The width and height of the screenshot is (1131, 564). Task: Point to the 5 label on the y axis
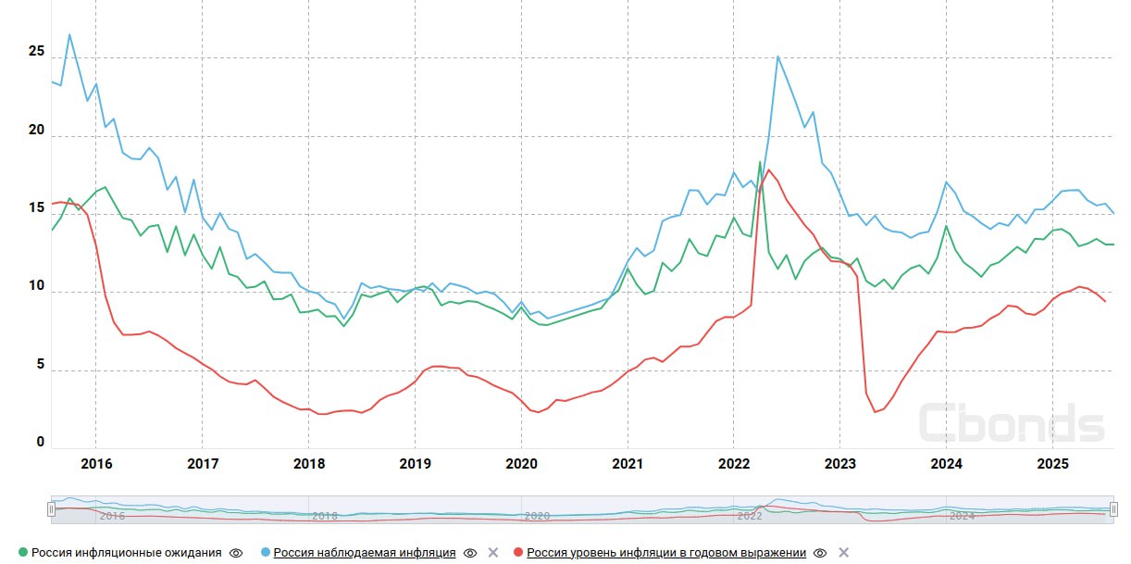pyautogui.click(x=40, y=365)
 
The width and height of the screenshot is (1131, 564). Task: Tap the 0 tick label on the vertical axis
pyautogui.click(x=40, y=443)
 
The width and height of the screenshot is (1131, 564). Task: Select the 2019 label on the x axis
pyautogui.click(x=415, y=463)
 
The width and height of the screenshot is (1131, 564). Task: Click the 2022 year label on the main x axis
pyautogui.click(x=734, y=463)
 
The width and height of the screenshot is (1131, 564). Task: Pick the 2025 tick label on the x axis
pyautogui.click(x=1052, y=463)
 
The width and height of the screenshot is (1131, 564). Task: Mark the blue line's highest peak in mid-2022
pyautogui.click(x=777, y=56)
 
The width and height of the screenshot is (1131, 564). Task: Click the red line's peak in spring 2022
pyautogui.click(x=768, y=169)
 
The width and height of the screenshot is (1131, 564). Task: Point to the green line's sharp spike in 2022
pyautogui.click(x=760, y=162)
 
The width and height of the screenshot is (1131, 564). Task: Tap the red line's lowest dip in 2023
pyautogui.click(x=876, y=412)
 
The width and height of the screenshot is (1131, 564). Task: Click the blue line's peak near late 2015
pyautogui.click(x=69, y=35)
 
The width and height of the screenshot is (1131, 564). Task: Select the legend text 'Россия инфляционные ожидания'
pyautogui.click(x=126, y=553)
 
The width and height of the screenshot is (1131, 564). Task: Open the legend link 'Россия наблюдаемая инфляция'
pyautogui.click(x=364, y=553)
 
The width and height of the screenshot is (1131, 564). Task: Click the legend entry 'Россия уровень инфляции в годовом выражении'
pyautogui.click(x=666, y=553)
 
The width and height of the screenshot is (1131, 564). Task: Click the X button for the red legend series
pyautogui.click(x=843, y=553)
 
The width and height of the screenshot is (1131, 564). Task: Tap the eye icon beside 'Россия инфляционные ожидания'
pyautogui.click(x=236, y=553)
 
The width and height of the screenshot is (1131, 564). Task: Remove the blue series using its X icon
pyautogui.click(x=493, y=553)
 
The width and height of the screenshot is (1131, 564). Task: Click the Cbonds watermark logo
pyautogui.click(x=1011, y=422)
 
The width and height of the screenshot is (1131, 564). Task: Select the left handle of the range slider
pyautogui.click(x=52, y=509)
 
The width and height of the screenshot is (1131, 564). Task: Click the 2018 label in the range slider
pyautogui.click(x=325, y=516)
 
